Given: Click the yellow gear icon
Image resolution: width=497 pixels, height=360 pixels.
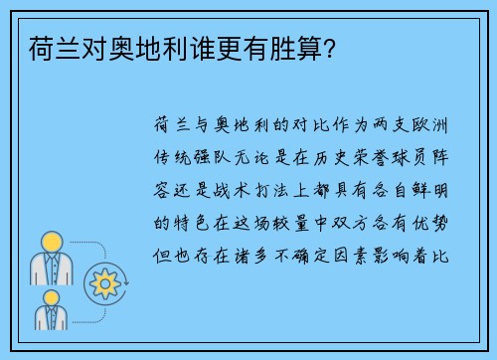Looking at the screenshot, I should tap(103, 282).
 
